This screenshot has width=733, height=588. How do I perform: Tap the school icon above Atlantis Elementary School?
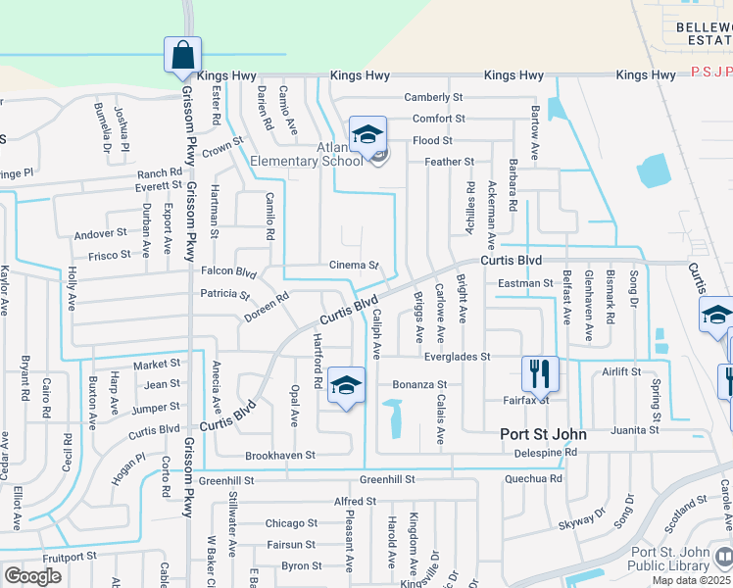[367, 134]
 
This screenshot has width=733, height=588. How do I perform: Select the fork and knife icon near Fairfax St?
[540, 373]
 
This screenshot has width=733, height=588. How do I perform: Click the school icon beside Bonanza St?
[346, 385]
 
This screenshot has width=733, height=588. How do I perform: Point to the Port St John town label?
[543, 434]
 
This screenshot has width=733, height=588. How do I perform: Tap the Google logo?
[32, 576]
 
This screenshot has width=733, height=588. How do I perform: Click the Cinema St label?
[354, 266]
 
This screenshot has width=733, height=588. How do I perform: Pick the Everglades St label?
[456, 358]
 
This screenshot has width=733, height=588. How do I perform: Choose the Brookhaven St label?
[280, 456]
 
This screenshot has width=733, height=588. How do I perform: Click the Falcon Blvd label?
[228, 273]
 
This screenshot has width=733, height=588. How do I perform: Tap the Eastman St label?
[525, 283]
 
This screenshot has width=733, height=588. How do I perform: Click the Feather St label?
[449, 162]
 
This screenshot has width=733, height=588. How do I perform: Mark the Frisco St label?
[109, 255]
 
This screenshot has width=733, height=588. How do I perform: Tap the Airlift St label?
[621, 372]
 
